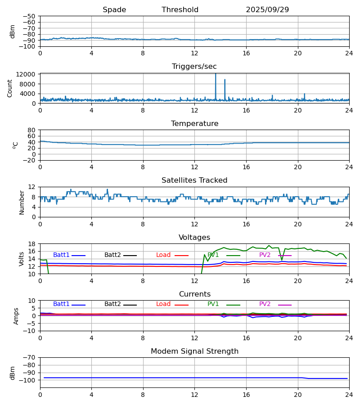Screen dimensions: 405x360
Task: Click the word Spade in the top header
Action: (x=114, y=10)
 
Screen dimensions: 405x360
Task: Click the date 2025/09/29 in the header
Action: (x=267, y=10)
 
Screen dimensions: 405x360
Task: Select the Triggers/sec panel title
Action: (x=194, y=67)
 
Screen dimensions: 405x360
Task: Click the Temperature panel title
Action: (x=194, y=124)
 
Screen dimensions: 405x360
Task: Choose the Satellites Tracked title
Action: (x=194, y=180)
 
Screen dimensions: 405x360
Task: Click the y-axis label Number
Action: (x=22, y=202)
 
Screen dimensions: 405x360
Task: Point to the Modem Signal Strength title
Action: (x=194, y=351)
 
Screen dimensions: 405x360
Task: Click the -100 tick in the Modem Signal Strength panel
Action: (x=28, y=380)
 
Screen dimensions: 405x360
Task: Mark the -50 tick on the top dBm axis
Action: (x=30, y=16)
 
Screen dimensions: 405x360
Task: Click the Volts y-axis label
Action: (x=22, y=259)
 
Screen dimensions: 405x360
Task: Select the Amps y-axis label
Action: (x=17, y=316)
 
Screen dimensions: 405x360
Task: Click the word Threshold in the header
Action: (x=180, y=10)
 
